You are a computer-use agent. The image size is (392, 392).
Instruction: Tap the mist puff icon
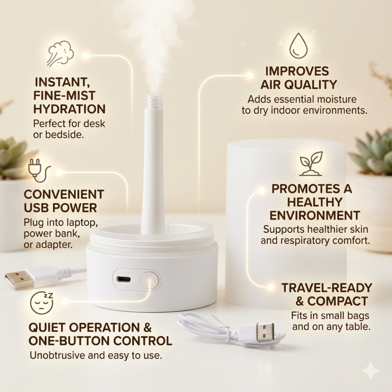[60, 54]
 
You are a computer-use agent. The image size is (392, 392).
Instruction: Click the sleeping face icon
[42, 304]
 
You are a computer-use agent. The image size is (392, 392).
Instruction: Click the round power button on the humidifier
[150, 280]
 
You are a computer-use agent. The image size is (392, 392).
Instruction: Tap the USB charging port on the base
[123, 279]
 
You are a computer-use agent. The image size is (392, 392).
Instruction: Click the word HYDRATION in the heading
[69, 109]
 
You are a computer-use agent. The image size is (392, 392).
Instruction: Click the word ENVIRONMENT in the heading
[314, 216]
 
